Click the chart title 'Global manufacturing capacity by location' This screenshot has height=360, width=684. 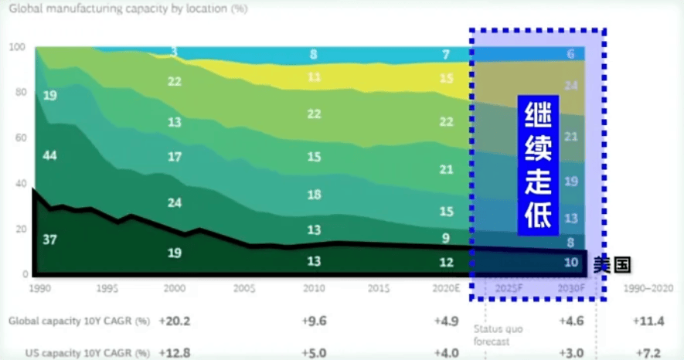(x=128, y=10)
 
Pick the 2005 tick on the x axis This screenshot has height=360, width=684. (x=245, y=287)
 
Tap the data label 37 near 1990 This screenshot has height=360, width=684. (x=49, y=239)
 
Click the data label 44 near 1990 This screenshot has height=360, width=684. (x=49, y=156)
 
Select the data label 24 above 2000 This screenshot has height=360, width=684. (x=175, y=203)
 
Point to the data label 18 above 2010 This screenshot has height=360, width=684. (x=313, y=195)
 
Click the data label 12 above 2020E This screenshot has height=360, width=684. (x=446, y=262)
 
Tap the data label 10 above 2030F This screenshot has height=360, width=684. (x=570, y=262)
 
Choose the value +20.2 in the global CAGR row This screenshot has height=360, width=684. (x=174, y=320)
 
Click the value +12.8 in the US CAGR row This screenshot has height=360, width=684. (x=174, y=352)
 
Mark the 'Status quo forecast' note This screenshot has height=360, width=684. (x=498, y=334)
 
